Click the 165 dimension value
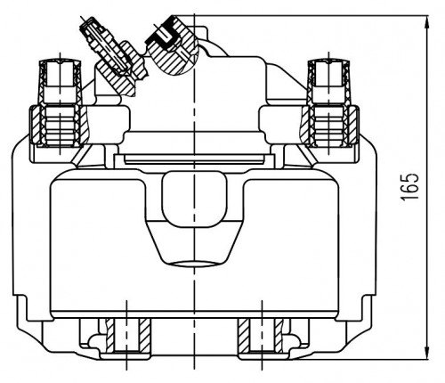point(410,186)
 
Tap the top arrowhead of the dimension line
point(427,21)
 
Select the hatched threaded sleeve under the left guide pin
point(60,126)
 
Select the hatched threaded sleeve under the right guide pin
point(329,126)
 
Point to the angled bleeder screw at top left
point(113,56)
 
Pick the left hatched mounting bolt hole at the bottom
point(127,336)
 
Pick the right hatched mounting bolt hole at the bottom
point(261,336)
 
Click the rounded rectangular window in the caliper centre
point(194,200)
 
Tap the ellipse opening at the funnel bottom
point(193,264)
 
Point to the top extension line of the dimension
point(301,15)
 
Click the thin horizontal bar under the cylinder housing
point(194,162)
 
